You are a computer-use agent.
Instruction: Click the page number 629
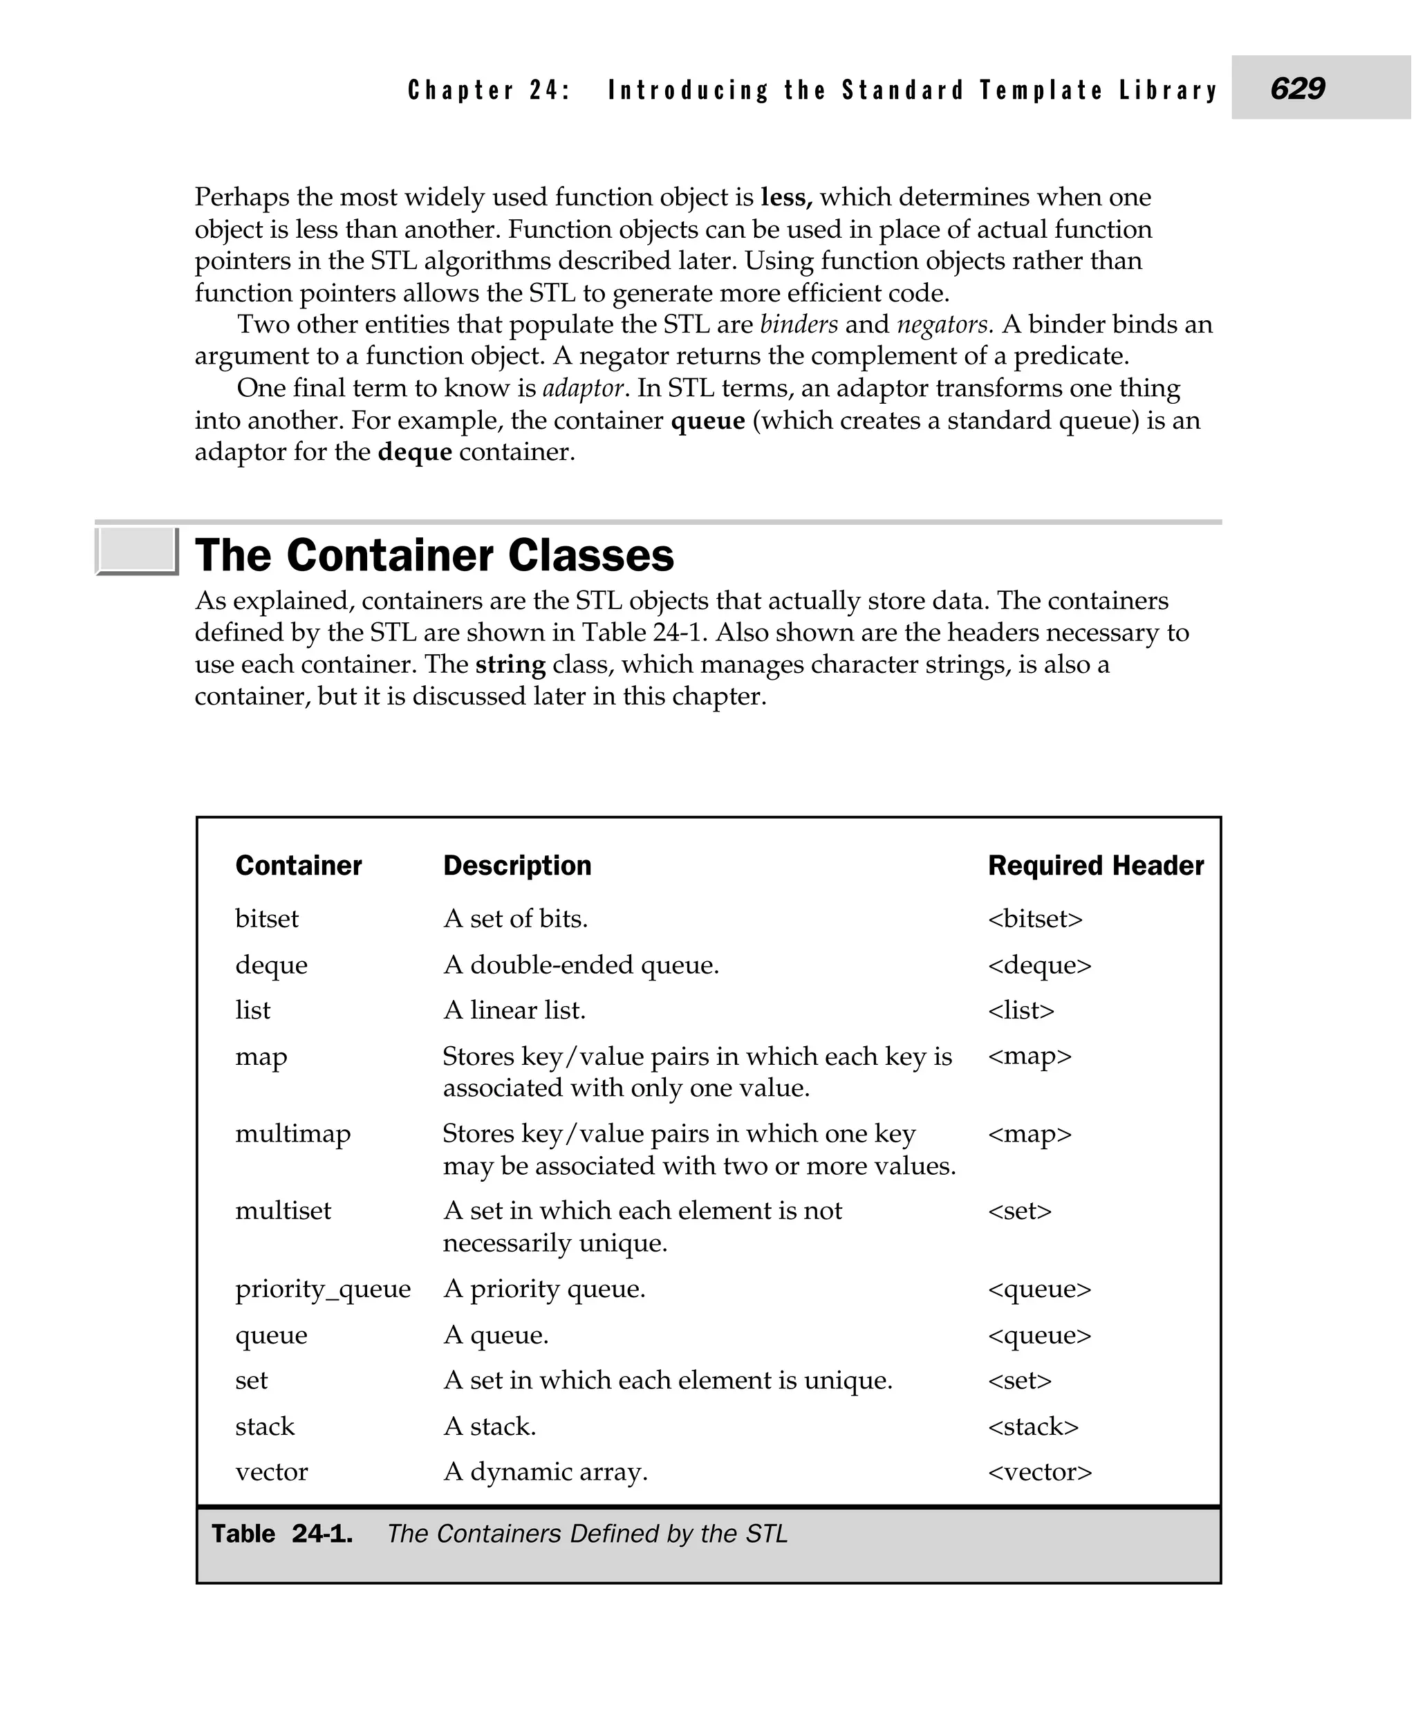[x=1298, y=88]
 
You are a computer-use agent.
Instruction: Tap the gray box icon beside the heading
[x=136, y=550]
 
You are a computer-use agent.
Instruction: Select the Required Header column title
[x=1095, y=866]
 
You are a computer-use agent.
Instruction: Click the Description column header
[x=517, y=866]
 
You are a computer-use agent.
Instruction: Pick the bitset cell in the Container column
[x=267, y=920]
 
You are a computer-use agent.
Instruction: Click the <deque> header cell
[x=1039, y=965]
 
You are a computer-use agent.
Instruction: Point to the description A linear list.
[x=514, y=1011]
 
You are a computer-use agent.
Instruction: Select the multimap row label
[x=293, y=1134]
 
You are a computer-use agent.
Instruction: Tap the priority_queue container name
[x=323, y=1289]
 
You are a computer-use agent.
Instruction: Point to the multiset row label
[x=283, y=1211]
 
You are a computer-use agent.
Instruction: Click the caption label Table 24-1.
[x=282, y=1534]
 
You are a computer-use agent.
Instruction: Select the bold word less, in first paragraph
[x=786, y=198]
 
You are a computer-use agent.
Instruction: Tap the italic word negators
[x=944, y=325]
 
